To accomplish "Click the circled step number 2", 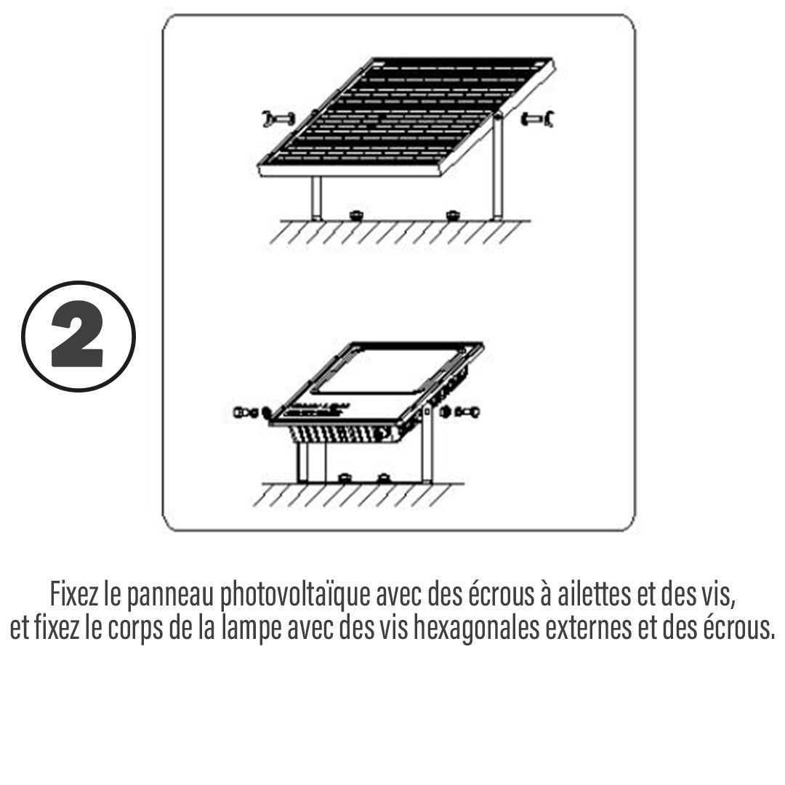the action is (x=78, y=337).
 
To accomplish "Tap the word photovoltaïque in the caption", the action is (x=295, y=595).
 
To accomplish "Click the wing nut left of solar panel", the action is (x=278, y=119).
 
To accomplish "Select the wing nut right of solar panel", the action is (x=536, y=119).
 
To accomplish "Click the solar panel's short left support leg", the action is (x=316, y=198).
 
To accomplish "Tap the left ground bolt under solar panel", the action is (x=356, y=216).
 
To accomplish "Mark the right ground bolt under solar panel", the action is (x=451, y=216).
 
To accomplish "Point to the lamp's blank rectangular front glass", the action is (x=388, y=371).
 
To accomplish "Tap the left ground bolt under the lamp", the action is (x=344, y=478).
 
